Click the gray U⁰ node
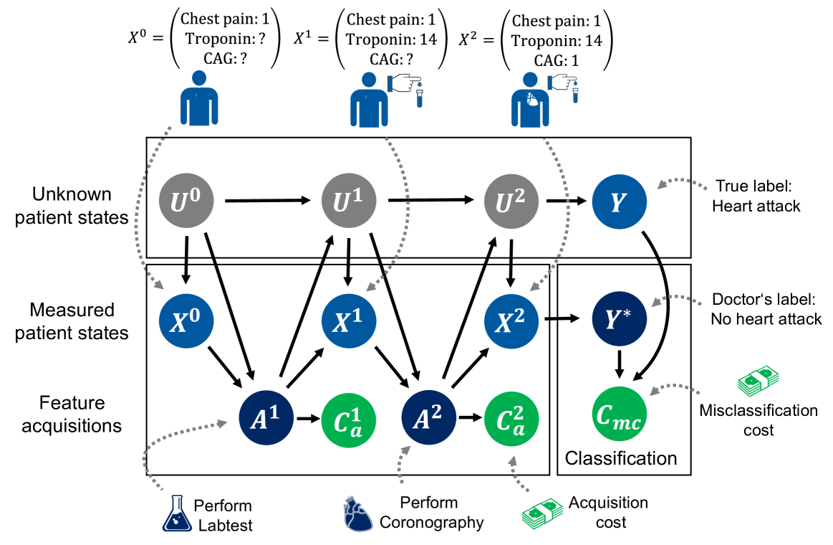[186, 201]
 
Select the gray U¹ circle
[349, 201]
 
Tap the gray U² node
[511, 202]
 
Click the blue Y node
[619, 202]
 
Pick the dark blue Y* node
[619, 318]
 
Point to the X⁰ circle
[186, 321]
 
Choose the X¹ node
[349, 321]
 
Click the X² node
[511, 321]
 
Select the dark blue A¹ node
[266, 417]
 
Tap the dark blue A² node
[428, 417]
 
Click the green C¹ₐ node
[349, 420]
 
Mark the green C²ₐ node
[511, 420]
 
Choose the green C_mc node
[619, 414]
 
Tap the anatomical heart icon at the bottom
[358, 514]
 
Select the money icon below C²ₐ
[542, 513]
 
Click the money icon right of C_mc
[758, 381]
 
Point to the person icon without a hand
[199, 99]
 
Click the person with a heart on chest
[530, 100]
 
